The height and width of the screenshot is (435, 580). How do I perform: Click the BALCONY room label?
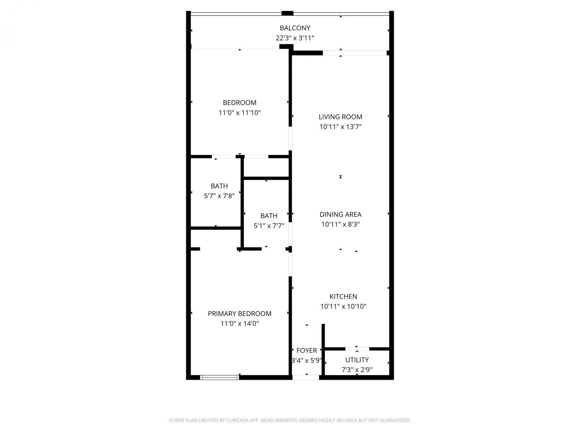pyautogui.click(x=295, y=28)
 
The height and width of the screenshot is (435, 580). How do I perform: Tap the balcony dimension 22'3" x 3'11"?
pyautogui.click(x=295, y=38)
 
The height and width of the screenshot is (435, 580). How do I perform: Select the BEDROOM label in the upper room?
pyautogui.click(x=239, y=103)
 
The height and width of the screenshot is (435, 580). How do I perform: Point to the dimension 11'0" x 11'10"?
pyautogui.click(x=239, y=113)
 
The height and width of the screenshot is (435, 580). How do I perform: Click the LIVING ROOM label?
pyautogui.click(x=340, y=117)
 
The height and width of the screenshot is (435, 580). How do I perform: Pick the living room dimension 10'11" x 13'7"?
pyautogui.click(x=340, y=127)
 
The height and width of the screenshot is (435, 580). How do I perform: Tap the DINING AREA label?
pyautogui.click(x=340, y=214)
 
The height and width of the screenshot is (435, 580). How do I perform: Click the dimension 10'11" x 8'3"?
pyautogui.click(x=340, y=224)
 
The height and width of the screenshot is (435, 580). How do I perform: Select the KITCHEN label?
pyautogui.click(x=343, y=296)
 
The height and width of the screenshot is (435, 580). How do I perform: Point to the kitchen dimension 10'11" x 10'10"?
pyautogui.click(x=343, y=306)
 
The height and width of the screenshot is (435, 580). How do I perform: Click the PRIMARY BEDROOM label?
pyautogui.click(x=239, y=314)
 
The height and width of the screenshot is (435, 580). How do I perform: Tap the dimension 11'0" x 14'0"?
pyautogui.click(x=239, y=324)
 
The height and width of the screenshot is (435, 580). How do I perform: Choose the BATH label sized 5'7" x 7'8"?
pyautogui.click(x=219, y=186)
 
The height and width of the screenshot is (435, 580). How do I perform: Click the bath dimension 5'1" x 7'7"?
pyautogui.click(x=269, y=226)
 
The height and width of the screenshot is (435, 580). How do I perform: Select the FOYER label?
pyautogui.click(x=307, y=350)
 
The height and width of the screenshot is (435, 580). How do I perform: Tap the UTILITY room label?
pyautogui.click(x=357, y=360)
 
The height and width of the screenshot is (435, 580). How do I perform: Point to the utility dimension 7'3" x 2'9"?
pyautogui.click(x=357, y=370)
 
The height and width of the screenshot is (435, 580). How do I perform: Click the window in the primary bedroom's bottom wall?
pyautogui.click(x=220, y=377)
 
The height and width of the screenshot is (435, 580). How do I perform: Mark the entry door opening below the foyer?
pyautogui.click(x=306, y=377)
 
